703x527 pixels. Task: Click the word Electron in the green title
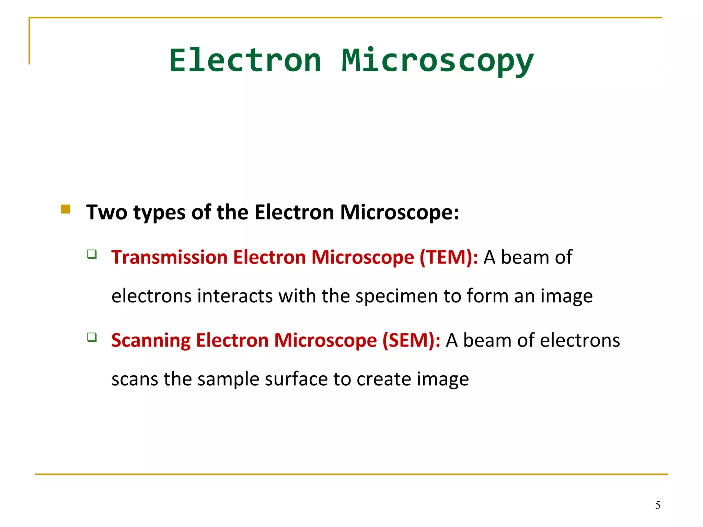[x=245, y=60]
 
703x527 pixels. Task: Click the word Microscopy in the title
[x=438, y=60]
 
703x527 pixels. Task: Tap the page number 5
[x=658, y=505]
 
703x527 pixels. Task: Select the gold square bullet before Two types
[x=66, y=209]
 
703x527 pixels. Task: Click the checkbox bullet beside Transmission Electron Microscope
[x=92, y=254]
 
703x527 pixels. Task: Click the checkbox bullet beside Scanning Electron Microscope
[x=92, y=337]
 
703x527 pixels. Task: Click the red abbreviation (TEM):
[x=449, y=257]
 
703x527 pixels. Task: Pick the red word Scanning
[x=151, y=341]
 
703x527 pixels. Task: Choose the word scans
[x=135, y=380]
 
